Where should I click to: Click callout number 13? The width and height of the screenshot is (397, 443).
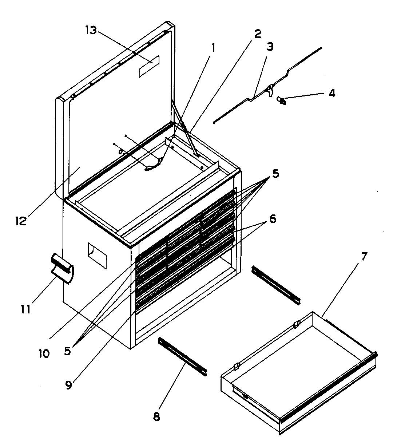[91, 30]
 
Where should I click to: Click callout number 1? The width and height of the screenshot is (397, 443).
[214, 47]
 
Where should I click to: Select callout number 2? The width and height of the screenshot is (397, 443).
[257, 34]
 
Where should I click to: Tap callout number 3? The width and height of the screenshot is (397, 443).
[270, 47]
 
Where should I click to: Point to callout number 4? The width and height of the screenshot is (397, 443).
[332, 93]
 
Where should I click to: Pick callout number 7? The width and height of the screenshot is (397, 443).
[364, 257]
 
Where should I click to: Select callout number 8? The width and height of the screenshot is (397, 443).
[156, 416]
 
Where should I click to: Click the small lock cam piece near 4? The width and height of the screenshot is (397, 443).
[281, 100]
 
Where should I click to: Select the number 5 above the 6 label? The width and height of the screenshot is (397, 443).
[275, 174]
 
